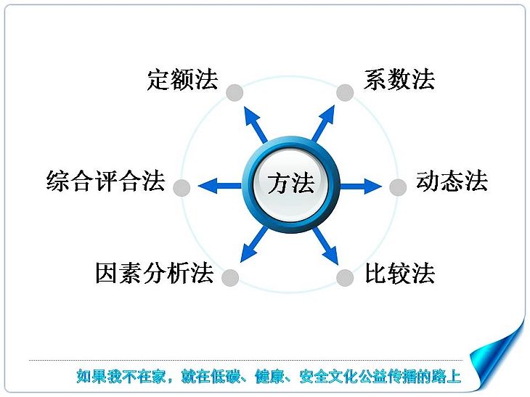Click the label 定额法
[182, 79]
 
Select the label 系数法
[399, 79]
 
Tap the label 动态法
[452, 181]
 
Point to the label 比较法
[400, 273]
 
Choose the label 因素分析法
[155, 273]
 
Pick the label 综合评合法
[106, 181]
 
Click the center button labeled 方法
[291, 184]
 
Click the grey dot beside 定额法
[235, 93]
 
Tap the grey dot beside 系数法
[345, 93]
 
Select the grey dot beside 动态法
[398, 187]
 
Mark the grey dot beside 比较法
[345, 278]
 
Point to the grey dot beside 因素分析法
[230, 278]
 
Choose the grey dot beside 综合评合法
[182, 187]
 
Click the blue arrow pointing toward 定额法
[255, 124]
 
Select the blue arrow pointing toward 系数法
[323, 123]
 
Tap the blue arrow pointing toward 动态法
[361, 186]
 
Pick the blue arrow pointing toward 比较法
[325, 246]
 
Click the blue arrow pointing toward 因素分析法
[254, 245]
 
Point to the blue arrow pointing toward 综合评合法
[220, 186]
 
